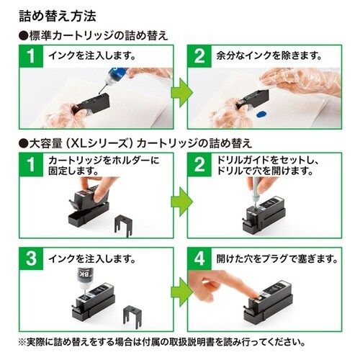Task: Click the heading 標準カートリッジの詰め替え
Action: [x=90, y=35]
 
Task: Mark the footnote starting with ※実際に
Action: [x=176, y=343]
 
